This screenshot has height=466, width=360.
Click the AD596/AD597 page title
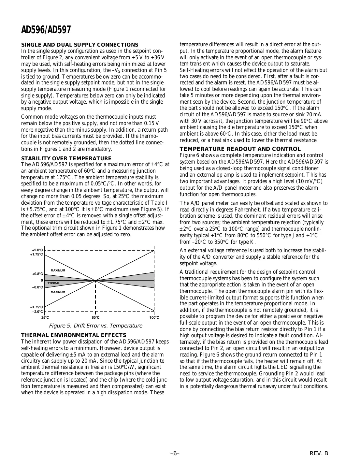tap(46, 30)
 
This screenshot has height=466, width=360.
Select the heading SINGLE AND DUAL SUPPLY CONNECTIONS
tap(79, 45)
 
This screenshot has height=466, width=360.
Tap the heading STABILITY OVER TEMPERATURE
tap(66, 159)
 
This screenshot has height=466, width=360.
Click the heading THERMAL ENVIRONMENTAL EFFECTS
tap(73, 335)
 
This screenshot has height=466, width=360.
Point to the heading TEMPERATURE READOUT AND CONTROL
tap(240, 149)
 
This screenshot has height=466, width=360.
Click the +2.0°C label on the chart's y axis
tap(37, 250)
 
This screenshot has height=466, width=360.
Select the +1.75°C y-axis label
tap(36, 254)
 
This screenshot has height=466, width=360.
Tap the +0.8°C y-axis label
tap(37, 274)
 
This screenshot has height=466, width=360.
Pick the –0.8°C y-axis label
tap(37, 287)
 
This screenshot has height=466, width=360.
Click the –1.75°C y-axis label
tap(36, 307)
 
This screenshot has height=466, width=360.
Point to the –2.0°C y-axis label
tap(37, 312)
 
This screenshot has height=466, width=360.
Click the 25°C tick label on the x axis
tap(45, 317)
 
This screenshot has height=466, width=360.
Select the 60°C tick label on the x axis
tap(95, 317)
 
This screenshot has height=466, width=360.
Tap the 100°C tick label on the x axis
tap(154, 317)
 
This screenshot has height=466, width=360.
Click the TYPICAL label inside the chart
tap(54, 283)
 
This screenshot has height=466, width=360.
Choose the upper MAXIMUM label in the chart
tap(58, 270)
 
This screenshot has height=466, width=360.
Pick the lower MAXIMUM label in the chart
tap(58, 292)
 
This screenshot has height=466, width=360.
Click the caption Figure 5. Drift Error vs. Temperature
tap(95, 326)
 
